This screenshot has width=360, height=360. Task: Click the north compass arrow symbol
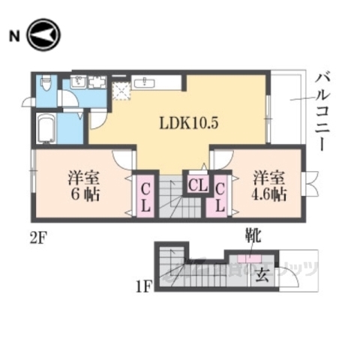(x=43, y=34)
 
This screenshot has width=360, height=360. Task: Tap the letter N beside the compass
(x=13, y=35)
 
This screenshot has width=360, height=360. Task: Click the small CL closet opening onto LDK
(x=197, y=184)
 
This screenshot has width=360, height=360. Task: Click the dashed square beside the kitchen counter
(x=121, y=91)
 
